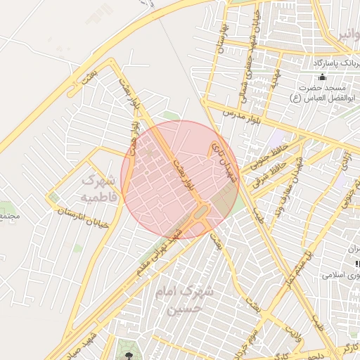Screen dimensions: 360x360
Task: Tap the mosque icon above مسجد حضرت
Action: point(323,77)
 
